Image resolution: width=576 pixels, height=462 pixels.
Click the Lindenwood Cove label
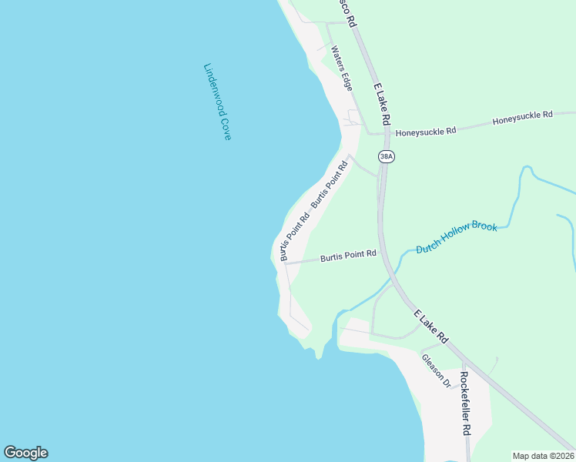[x=217, y=102]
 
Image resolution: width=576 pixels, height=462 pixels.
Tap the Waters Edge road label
[x=341, y=69]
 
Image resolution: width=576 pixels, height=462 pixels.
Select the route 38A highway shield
[x=387, y=156]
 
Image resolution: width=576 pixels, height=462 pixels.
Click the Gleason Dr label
[x=435, y=370]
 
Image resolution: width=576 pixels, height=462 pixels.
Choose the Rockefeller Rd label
[x=465, y=403]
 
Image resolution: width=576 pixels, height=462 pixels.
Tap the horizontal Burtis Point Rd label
[x=348, y=254]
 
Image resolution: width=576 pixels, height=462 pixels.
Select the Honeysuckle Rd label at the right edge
[x=522, y=115]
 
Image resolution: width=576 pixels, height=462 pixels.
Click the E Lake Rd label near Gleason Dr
[x=430, y=326]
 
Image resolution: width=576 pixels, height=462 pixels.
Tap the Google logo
[x=25, y=453]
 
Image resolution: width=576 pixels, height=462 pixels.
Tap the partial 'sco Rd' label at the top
[x=347, y=14]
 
